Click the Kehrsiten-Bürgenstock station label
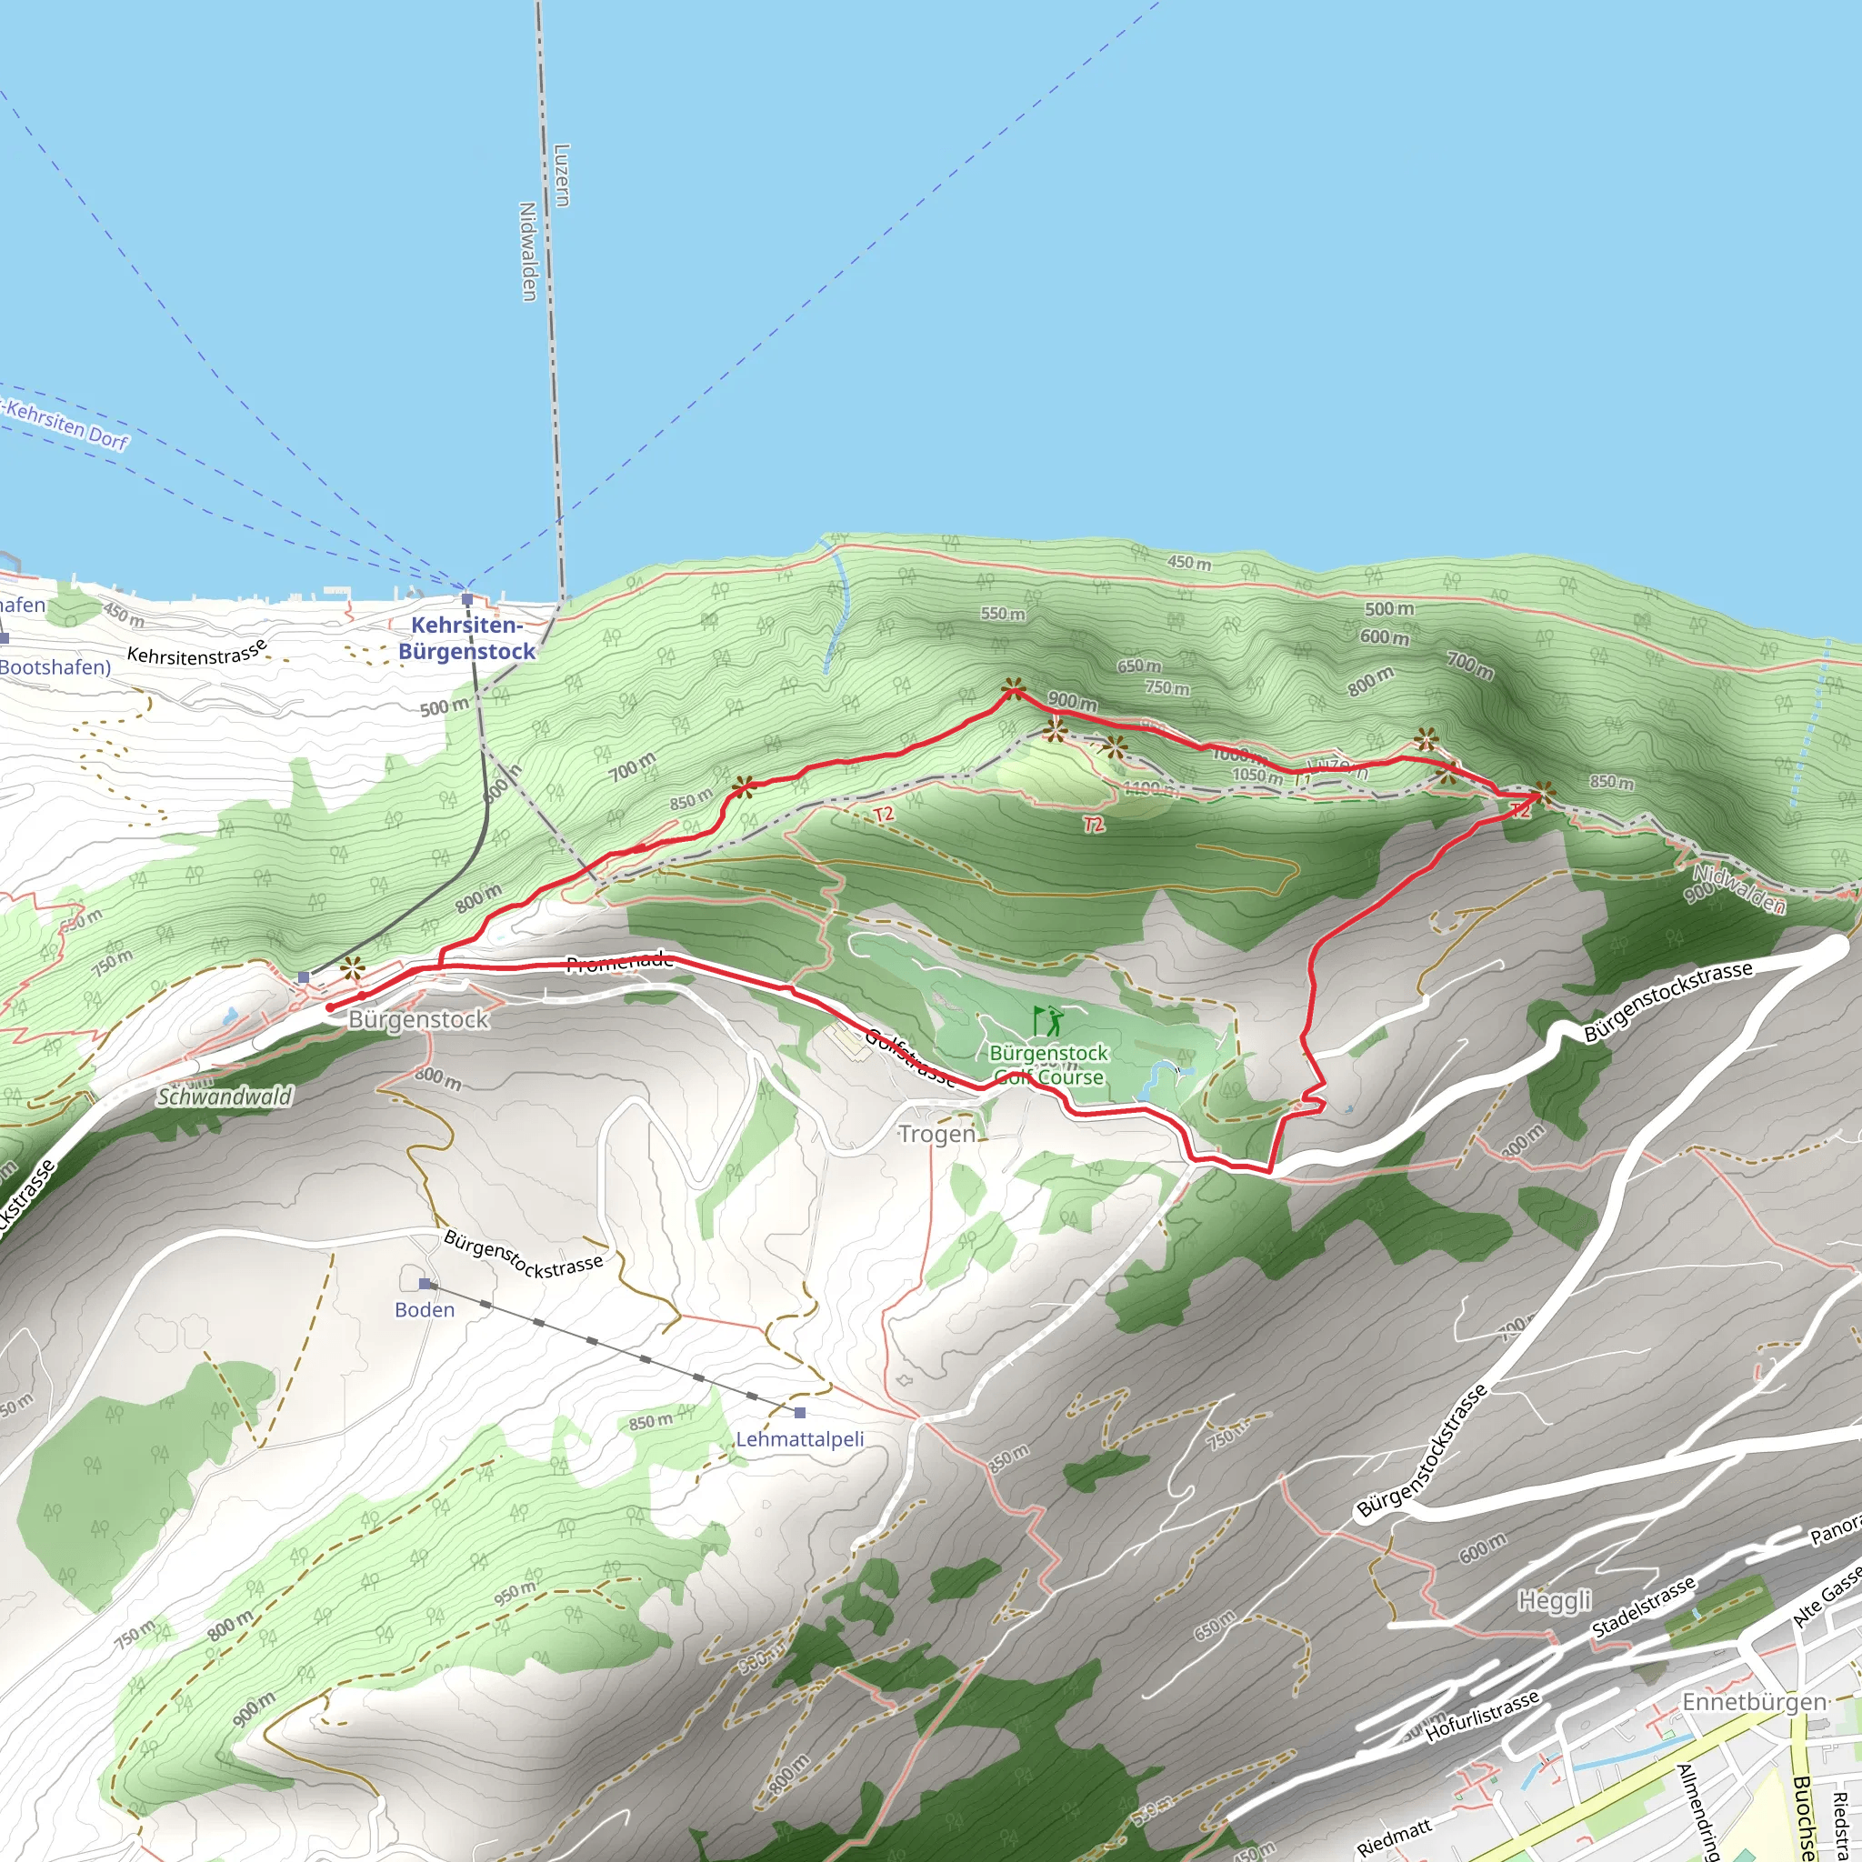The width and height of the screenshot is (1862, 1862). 466,638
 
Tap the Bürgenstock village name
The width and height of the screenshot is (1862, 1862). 418,1020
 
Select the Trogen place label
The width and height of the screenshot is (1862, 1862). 936,1135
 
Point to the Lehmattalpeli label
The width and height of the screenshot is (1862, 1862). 800,1439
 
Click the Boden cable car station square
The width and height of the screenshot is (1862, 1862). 425,1284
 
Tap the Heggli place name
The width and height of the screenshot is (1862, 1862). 1555,1601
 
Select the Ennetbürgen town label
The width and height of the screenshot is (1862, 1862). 1754,1702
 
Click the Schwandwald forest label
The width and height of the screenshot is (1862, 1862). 225,1096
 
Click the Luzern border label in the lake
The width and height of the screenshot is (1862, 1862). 562,175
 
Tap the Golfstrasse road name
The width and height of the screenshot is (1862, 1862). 910,1057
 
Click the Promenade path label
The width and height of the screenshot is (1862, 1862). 619,961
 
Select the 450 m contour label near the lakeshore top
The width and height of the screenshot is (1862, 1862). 1189,563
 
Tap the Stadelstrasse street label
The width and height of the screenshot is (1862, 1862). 1643,1608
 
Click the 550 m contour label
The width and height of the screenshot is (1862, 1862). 1002,614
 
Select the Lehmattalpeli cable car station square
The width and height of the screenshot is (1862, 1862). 800,1413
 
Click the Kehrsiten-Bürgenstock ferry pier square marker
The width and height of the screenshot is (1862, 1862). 467,598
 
